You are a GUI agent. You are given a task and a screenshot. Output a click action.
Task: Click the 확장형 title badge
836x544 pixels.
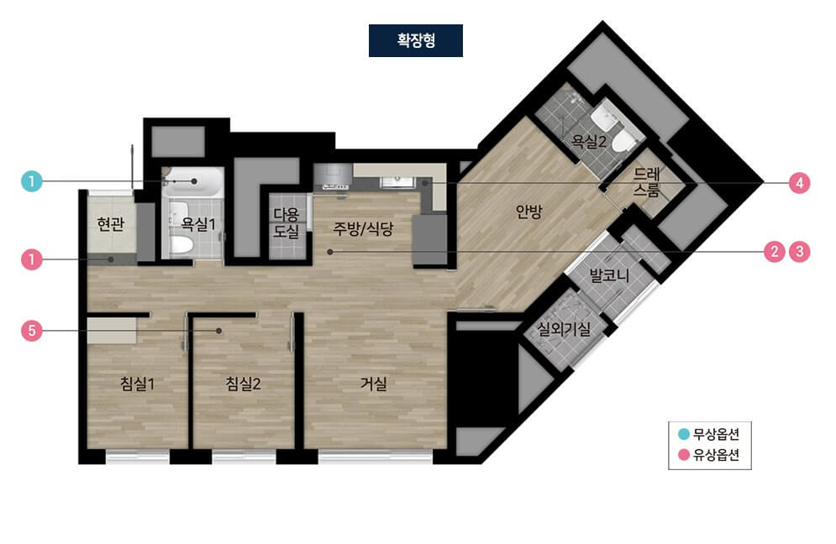click(x=415, y=40)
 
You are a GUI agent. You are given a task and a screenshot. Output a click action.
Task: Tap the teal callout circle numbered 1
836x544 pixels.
click(x=31, y=181)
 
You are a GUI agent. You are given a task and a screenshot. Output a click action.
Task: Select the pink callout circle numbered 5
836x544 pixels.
click(x=31, y=331)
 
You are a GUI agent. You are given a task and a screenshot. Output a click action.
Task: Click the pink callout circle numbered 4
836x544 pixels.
click(x=799, y=183)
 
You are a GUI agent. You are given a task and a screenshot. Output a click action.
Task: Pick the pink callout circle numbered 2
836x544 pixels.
click(x=775, y=252)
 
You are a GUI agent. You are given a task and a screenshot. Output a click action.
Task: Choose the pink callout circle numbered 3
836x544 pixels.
click(x=799, y=252)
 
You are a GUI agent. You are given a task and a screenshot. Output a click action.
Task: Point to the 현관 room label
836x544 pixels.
click(x=111, y=224)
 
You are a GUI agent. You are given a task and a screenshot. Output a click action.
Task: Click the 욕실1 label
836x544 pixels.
click(x=198, y=224)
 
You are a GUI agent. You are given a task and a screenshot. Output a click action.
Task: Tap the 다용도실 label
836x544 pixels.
click(x=287, y=222)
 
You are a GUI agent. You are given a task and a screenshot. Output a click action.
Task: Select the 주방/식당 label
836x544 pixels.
click(x=363, y=228)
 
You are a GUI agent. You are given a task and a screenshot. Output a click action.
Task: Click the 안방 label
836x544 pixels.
click(x=528, y=212)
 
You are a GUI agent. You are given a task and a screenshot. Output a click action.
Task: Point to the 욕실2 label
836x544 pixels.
click(x=589, y=141)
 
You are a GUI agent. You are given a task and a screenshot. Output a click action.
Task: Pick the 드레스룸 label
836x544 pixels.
click(x=647, y=181)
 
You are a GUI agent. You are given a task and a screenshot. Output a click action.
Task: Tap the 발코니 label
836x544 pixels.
click(x=609, y=275)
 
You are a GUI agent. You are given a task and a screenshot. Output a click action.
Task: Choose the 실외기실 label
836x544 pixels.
click(x=564, y=329)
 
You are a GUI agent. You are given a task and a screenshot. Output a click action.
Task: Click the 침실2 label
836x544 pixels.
click(x=243, y=383)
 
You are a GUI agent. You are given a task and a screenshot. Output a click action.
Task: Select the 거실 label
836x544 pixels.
click(x=374, y=383)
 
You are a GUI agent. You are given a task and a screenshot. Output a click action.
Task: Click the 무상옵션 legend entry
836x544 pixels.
click(x=709, y=434)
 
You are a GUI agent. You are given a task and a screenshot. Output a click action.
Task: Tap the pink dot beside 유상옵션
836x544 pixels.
click(x=684, y=455)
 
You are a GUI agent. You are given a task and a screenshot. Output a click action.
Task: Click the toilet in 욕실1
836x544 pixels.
click(x=181, y=246)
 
